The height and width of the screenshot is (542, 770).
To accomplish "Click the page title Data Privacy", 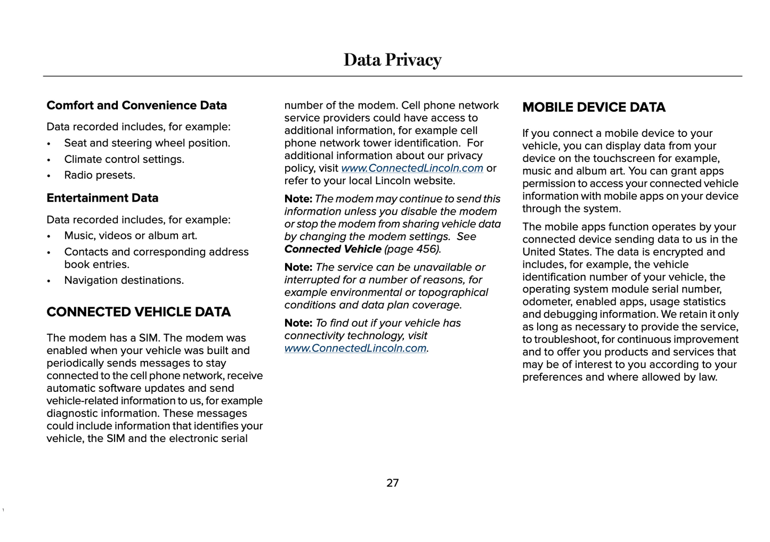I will [392, 60].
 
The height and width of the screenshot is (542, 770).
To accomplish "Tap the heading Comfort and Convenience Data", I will [136, 105].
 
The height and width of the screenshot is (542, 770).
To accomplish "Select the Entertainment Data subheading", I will [102, 198].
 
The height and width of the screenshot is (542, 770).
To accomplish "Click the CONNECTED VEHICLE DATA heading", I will [139, 312].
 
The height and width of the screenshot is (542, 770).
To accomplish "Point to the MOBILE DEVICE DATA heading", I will [594, 108].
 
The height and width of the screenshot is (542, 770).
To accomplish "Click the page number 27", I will [392, 483].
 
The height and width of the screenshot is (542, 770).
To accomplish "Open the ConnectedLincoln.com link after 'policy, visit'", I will [412, 168].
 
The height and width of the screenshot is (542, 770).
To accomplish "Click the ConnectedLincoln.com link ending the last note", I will [355, 348].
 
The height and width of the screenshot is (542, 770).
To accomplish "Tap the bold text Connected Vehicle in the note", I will [333, 249].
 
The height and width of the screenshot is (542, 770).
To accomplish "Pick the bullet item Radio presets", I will [100, 175].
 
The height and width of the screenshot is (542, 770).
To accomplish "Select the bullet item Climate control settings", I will [124, 159].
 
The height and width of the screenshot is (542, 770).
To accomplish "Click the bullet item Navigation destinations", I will [124, 280].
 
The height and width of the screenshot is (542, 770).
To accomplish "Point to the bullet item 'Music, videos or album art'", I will [131, 235].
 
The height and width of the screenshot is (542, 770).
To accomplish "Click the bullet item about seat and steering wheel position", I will [147, 143].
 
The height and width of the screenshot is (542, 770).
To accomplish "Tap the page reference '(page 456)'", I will [412, 249].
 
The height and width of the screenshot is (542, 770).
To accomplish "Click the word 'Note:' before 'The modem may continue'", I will [298, 199].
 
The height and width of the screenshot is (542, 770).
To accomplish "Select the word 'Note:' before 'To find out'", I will [298, 323].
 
